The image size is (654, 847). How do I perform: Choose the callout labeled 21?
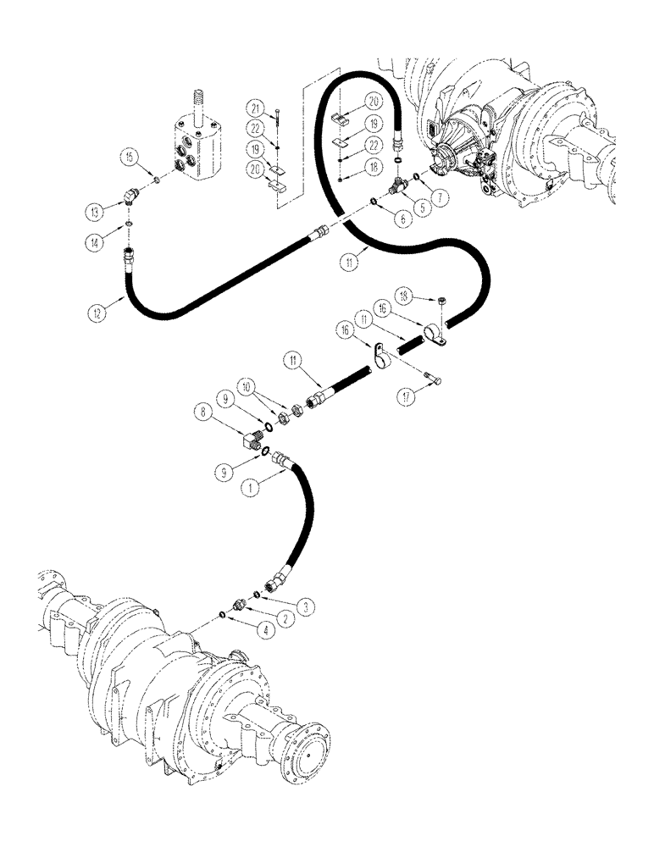tap(254, 108)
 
